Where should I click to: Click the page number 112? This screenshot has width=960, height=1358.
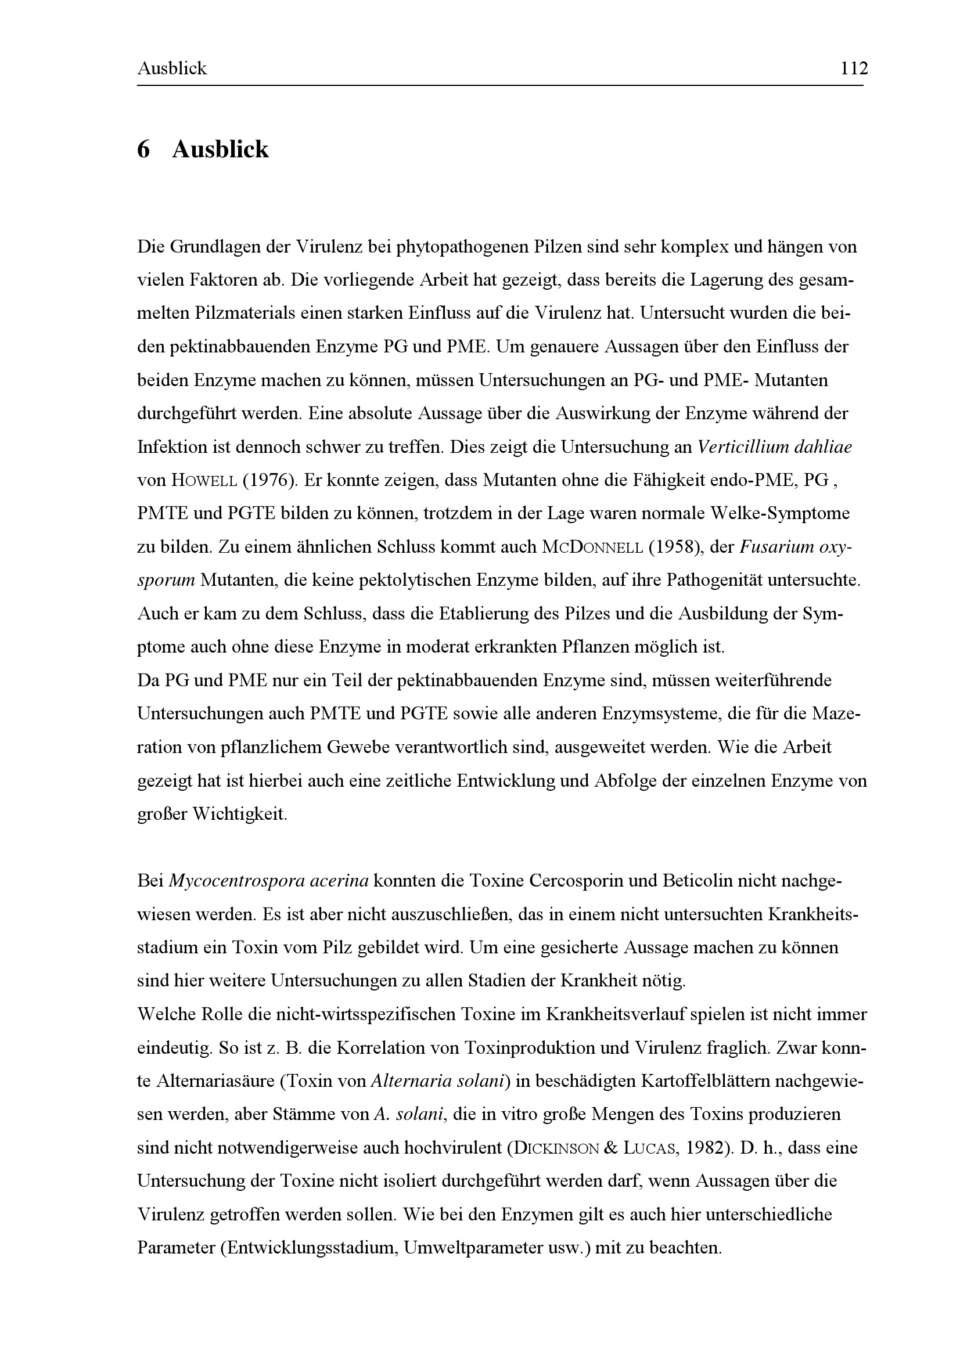854,69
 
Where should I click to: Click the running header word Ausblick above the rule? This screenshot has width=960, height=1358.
172,69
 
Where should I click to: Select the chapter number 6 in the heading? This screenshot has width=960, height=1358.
143,150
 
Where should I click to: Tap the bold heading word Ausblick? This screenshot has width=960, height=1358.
220,150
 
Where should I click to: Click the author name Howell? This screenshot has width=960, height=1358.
204,480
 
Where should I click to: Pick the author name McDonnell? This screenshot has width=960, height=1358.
591,547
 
